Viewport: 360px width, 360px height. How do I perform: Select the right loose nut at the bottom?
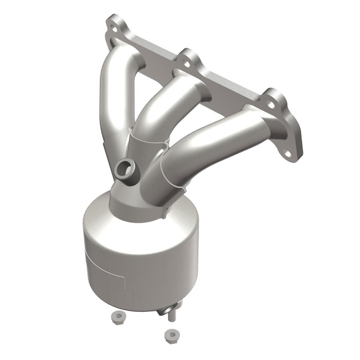[x=170, y=336]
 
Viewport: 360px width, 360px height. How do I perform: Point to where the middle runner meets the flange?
[x=193, y=82]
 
